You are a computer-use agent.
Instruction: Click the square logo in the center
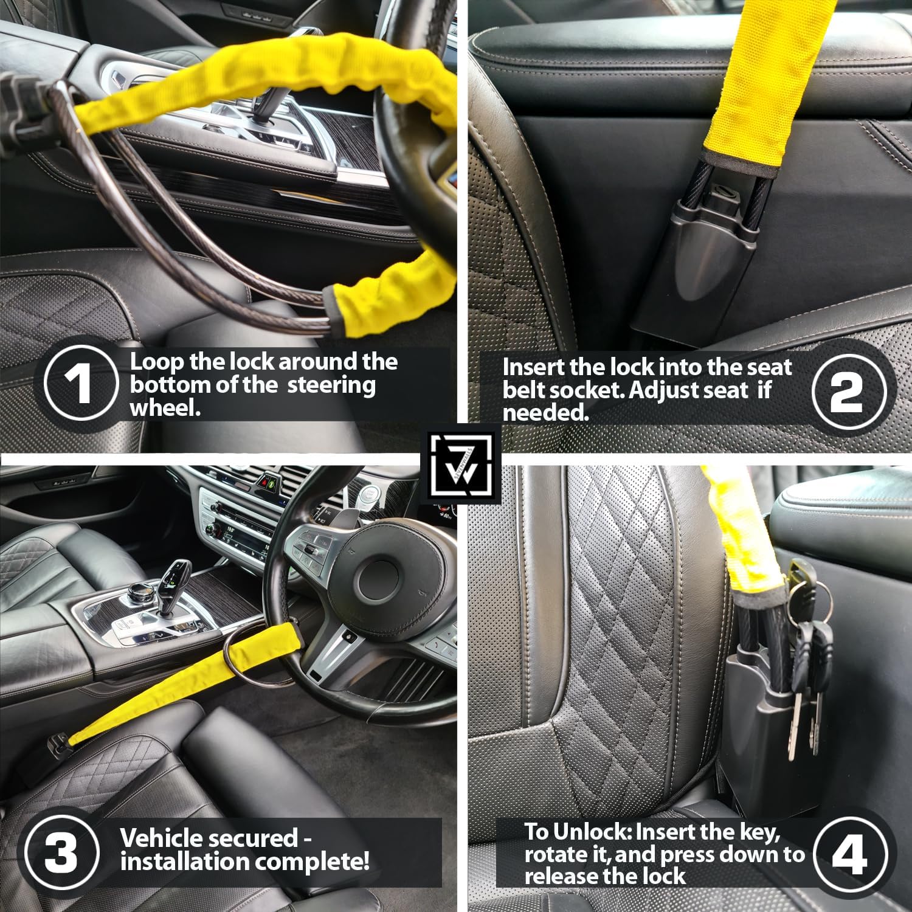[463, 464]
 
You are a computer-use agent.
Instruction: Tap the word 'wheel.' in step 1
[165, 407]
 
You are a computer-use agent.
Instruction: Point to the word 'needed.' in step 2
[545, 413]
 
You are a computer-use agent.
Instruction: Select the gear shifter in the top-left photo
[274, 106]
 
